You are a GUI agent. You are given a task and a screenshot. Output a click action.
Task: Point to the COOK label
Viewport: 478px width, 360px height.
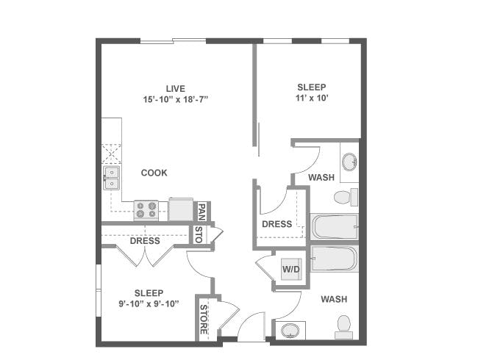tap(154, 173)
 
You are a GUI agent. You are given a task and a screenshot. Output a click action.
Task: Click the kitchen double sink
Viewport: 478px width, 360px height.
tap(111, 177)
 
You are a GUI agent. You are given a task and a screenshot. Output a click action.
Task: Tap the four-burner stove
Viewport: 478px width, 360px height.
tap(146, 210)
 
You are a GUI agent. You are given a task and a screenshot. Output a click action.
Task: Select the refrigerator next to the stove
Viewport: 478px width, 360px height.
tap(181, 209)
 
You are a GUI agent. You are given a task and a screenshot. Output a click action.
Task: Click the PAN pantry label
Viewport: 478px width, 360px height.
tap(201, 212)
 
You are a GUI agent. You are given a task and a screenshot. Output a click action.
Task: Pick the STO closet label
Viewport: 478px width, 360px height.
tap(199, 235)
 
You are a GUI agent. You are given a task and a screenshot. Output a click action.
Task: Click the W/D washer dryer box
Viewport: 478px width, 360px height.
tap(291, 270)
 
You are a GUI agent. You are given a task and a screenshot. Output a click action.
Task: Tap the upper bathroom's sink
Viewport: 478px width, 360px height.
tap(349, 162)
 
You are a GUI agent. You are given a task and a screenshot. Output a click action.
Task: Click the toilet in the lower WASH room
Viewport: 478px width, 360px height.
tap(343, 325)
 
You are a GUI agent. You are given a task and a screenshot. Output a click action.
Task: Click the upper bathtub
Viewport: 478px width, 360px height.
tap(335, 226)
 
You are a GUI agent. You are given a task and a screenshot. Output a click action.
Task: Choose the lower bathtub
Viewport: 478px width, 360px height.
tap(335, 259)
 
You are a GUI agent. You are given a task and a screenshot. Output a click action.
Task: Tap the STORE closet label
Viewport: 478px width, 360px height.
tap(204, 318)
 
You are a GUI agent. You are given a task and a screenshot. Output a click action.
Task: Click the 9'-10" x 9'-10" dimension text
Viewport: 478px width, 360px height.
tap(149, 304)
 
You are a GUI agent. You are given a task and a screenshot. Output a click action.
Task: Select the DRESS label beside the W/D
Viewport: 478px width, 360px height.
tap(277, 224)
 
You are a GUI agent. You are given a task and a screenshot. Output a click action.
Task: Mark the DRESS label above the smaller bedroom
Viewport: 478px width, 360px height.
tap(145, 241)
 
